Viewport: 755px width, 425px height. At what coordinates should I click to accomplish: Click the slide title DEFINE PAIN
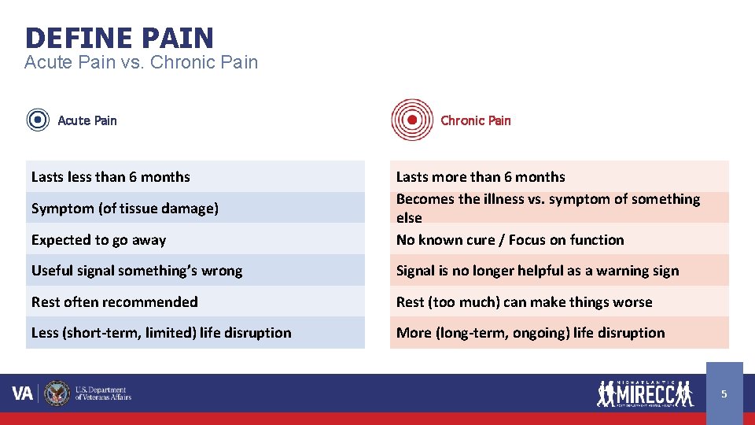click(x=119, y=37)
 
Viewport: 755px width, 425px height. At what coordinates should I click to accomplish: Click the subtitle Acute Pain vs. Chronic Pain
click(x=141, y=62)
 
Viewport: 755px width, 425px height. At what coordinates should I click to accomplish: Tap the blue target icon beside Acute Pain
click(x=38, y=120)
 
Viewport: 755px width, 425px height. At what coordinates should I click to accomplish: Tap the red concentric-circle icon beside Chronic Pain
click(x=412, y=120)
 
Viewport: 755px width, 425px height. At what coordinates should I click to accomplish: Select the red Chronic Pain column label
click(x=475, y=120)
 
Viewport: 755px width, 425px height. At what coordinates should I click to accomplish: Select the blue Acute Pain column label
click(x=87, y=120)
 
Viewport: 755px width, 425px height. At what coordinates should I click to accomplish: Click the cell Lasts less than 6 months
click(x=195, y=177)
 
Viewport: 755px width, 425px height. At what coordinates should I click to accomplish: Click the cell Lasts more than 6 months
click(x=558, y=177)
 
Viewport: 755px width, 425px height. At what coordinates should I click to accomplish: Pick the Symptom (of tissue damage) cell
click(x=195, y=209)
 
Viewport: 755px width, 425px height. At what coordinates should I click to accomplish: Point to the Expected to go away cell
click(x=195, y=240)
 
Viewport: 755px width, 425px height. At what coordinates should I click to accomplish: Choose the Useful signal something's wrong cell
click(x=195, y=271)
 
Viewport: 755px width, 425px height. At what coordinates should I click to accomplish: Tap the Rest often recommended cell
click(x=195, y=302)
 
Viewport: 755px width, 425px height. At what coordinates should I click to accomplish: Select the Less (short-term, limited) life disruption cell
click(x=195, y=333)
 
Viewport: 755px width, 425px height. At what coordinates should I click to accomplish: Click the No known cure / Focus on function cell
click(x=558, y=240)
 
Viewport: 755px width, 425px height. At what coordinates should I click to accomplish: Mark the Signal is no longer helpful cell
click(x=558, y=271)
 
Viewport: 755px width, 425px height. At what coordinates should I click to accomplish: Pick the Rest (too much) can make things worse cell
click(x=558, y=302)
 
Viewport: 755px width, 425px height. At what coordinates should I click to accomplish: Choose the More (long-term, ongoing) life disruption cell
click(x=558, y=333)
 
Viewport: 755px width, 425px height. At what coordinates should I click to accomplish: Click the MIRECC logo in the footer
click(x=645, y=393)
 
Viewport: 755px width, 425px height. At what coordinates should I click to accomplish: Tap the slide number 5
click(x=724, y=393)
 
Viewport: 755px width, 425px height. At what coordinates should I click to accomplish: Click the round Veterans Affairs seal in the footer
click(x=57, y=393)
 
